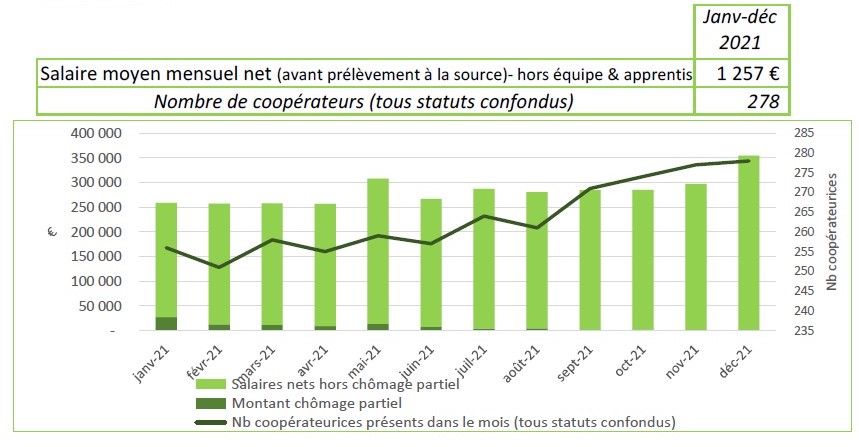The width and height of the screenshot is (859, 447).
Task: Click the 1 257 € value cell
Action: (742, 73)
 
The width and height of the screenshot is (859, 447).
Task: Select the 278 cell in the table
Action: (742, 101)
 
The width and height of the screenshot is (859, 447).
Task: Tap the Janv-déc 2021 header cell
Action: (742, 31)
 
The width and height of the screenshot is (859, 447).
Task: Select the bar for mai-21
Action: (378, 250)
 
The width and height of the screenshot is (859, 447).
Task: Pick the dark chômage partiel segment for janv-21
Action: (166, 323)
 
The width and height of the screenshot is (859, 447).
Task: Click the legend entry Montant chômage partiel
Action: (316, 403)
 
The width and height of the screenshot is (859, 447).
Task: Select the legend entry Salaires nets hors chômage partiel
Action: (344, 385)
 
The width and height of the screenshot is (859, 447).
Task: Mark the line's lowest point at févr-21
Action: (219, 267)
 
